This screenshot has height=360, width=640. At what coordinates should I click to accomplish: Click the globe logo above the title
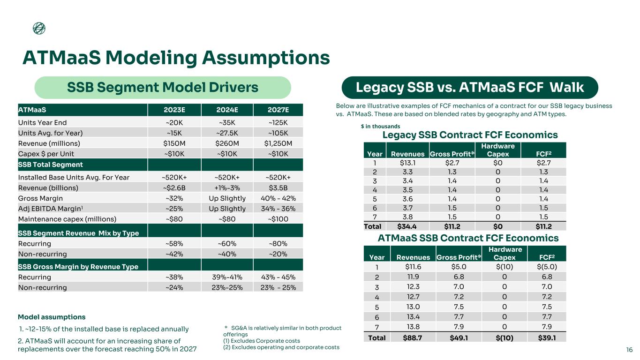[x=39, y=29]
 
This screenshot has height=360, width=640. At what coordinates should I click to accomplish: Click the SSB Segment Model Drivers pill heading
[x=163, y=88]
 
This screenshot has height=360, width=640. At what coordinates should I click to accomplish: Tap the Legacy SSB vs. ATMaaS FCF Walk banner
[x=469, y=88]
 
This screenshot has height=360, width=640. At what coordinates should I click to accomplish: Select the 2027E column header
[x=278, y=110]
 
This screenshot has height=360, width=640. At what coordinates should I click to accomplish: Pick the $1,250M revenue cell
[x=278, y=143]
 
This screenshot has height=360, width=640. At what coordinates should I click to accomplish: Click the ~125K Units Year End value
[x=278, y=123]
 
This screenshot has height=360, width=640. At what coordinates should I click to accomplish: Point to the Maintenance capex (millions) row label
[x=67, y=218]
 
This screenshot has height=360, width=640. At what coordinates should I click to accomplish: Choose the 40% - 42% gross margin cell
[x=278, y=198]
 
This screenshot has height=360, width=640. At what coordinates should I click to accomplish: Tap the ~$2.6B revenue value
[x=174, y=187]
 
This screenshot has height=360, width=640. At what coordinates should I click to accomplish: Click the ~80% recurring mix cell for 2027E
[x=278, y=244]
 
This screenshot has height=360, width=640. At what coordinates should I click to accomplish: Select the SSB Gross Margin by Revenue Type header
[x=78, y=267]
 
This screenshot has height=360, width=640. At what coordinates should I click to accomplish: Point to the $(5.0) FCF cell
[x=547, y=267]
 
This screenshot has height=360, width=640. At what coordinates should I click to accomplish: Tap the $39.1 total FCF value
[x=547, y=337]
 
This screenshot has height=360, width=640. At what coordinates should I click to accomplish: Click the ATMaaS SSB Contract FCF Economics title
[x=468, y=238]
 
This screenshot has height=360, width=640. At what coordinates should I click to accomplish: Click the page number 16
[x=629, y=350]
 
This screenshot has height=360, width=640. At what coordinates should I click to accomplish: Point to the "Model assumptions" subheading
[x=52, y=317]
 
